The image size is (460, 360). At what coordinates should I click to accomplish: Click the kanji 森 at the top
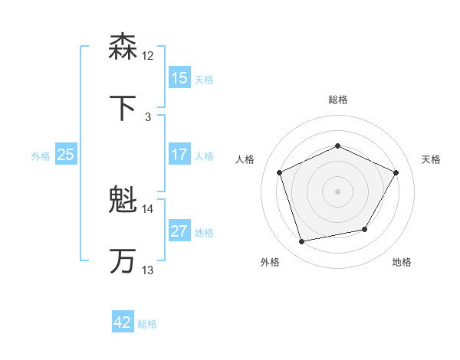[x=123, y=47]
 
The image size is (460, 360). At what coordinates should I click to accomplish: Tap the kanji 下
[x=123, y=109]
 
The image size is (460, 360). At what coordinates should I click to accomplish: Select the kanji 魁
[x=123, y=201]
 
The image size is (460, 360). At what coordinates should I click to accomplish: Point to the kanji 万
[x=123, y=261]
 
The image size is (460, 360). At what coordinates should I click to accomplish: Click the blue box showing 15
[x=179, y=78]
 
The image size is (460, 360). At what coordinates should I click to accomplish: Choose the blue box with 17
[x=179, y=155]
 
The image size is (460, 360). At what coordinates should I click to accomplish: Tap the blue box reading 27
[x=179, y=231]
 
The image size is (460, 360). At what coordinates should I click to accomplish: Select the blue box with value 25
[x=66, y=155]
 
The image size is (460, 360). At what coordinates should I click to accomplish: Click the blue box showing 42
[x=123, y=322]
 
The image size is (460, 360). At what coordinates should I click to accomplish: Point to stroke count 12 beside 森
[x=148, y=56]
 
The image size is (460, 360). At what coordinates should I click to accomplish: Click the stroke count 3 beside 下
[x=148, y=117]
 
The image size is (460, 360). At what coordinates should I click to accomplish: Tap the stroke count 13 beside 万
[x=148, y=270]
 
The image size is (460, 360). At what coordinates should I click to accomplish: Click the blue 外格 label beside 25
[x=41, y=155]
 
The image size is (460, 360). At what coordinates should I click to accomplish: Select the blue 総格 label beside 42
[x=147, y=324]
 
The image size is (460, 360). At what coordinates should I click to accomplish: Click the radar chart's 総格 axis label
[x=338, y=100]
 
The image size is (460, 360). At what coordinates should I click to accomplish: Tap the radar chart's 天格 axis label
[x=431, y=159]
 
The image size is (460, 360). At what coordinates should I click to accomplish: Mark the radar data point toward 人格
[x=280, y=172]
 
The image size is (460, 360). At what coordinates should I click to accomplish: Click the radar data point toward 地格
[x=365, y=229]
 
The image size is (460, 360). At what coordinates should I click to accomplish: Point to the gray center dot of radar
[x=338, y=191]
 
